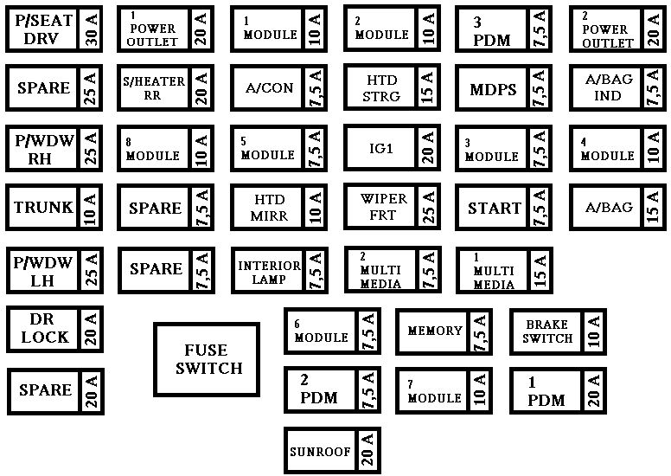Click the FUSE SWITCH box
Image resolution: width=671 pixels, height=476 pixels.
[207, 359]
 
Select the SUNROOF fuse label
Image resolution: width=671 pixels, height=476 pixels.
[320, 451]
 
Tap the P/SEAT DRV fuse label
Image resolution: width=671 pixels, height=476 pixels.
[43, 29]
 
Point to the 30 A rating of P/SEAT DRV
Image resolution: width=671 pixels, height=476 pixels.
[92, 29]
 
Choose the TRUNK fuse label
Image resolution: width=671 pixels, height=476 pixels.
[43, 208]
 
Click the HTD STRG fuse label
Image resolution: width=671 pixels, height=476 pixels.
[381, 87]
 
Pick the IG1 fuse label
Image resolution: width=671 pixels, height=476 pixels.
[380, 148]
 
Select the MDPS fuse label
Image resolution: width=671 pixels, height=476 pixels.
[493, 89]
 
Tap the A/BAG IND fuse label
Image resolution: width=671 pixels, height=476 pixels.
[609, 87]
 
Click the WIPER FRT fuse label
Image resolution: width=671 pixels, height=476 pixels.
[383, 207]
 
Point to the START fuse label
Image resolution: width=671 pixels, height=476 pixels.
[495, 209]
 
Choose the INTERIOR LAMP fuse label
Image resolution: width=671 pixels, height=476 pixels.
[269, 273]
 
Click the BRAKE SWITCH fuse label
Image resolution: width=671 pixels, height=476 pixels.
[547, 331]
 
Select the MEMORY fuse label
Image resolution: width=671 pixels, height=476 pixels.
[435, 331]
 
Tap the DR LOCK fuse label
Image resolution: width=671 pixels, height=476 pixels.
[44, 328]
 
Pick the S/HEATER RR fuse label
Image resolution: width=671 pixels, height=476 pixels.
[154, 87]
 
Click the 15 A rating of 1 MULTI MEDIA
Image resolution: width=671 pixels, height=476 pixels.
[540, 270]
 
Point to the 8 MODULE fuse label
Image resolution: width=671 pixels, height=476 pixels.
[152, 149]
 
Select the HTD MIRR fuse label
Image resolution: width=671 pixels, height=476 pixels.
[270, 208]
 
